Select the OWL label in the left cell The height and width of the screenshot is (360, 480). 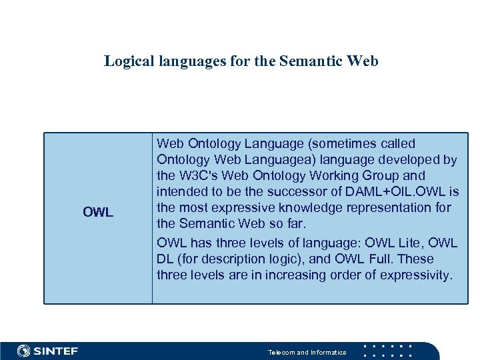98,213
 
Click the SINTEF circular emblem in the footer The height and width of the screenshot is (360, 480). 23,351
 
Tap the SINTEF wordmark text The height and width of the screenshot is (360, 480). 56,351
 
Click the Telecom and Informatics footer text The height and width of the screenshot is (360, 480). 307,352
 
